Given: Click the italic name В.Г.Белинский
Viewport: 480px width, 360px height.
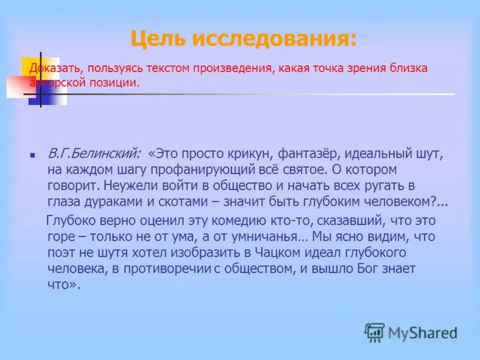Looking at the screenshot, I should (x=94, y=155).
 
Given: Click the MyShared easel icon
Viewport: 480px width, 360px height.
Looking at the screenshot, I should (x=374, y=332).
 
